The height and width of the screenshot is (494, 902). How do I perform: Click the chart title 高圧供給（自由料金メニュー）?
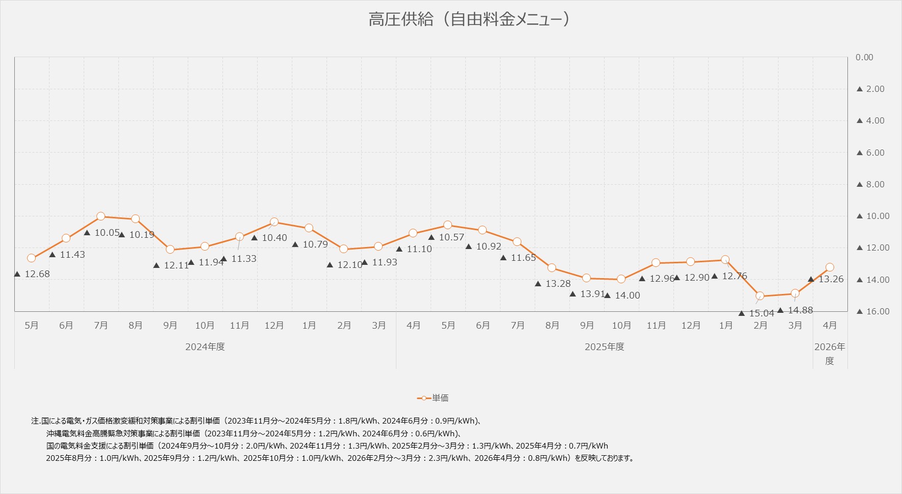pos(469,19)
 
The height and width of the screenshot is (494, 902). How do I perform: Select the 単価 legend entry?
pos(433,398)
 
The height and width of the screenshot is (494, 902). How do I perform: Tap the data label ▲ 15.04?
pos(758,313)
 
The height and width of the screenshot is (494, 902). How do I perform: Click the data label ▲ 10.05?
pos(102,233)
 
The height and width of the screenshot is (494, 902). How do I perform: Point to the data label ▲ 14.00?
pos(622,295)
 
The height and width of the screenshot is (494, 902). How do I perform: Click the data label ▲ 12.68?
pos(32,274)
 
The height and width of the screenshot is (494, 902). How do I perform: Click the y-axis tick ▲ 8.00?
pos(870,184)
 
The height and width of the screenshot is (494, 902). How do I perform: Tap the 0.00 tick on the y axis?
pos(864,57)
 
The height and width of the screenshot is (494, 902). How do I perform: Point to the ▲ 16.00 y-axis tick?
pos(873,311)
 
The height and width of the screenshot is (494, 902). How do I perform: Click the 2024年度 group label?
pos(205,347)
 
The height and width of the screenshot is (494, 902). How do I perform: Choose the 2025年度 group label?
pos(605,347)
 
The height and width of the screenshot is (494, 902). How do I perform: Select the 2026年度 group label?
pos(830,353)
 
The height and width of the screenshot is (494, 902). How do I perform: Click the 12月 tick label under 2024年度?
pos(274,326)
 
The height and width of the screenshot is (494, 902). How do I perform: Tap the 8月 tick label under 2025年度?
pos(552,326)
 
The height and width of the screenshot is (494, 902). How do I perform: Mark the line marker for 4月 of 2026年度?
pos(830,267)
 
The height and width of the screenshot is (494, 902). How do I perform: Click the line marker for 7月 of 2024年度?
pos(101,216)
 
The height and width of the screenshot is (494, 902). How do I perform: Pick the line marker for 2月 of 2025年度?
pos(760,296)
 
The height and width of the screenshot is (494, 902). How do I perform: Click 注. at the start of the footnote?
pos(36,422)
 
